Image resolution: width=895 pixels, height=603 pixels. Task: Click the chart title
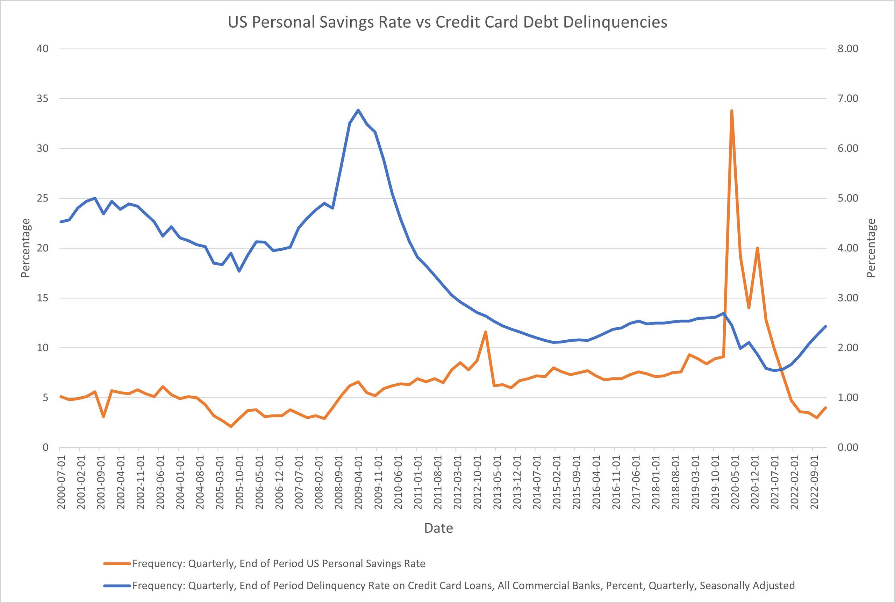[x=447, y=22]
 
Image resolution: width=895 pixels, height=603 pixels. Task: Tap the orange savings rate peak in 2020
[x=732, y=111]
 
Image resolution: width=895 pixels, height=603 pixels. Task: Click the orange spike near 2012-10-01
[x=485, y=332]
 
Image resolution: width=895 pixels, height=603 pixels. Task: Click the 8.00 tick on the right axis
[x=847, y=49]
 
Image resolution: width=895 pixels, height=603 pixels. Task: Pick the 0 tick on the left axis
[x=45, y=447]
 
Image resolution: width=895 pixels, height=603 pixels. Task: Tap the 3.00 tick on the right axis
[x=847, y=298]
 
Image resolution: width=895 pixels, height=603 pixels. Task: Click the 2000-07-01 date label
[x=61, y=482]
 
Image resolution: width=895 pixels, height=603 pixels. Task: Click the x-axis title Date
[x=438, y=528]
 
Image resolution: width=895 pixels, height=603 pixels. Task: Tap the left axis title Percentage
[x=26, y=248]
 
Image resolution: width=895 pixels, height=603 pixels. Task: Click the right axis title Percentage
[x=871, y=248]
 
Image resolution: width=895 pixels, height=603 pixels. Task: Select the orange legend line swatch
[x=117, y=564]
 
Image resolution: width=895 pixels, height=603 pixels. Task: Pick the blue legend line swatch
[x=117, y=586]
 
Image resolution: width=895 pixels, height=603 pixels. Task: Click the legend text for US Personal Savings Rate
[x=279, y=564]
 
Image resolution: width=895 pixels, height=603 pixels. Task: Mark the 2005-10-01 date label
[x=239, y=482]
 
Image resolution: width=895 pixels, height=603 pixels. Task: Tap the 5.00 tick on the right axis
[x=847, y=198]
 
